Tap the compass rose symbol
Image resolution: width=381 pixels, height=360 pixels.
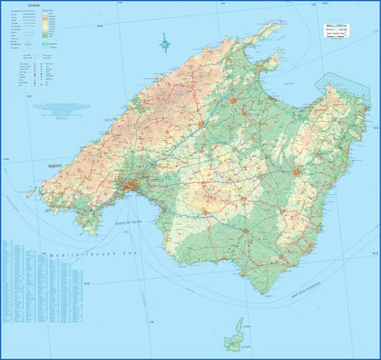165,42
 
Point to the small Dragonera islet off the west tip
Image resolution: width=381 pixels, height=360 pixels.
30,192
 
